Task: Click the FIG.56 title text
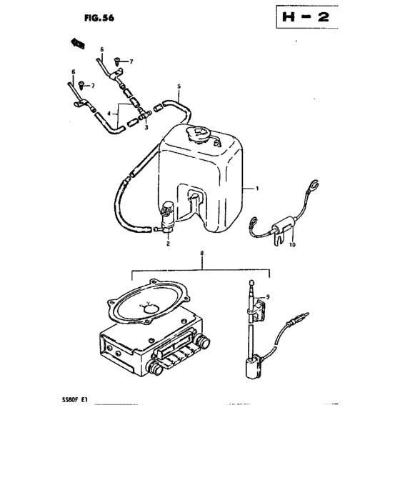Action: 99,18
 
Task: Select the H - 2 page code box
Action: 307,16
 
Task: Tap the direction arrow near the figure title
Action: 78,43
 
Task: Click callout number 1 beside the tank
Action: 256,189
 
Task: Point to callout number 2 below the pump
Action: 168,244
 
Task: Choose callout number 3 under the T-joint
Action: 146,128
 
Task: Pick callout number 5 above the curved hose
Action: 179,86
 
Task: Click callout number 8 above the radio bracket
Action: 201,253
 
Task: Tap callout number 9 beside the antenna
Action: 268,297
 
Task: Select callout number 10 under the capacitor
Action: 292,244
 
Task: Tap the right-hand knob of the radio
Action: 203,341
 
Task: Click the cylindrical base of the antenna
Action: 254,369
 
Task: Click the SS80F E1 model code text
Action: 74,400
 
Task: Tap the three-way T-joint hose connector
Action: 144,115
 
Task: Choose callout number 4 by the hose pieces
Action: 109,114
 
